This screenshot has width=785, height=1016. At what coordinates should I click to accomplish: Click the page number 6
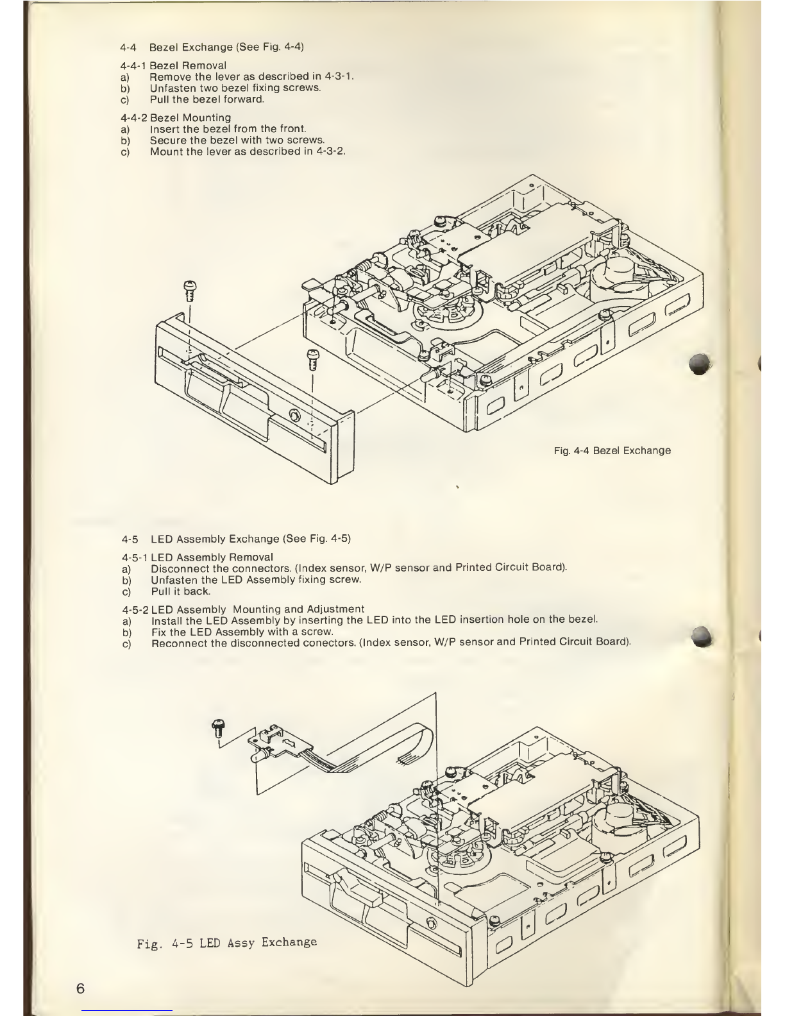80,987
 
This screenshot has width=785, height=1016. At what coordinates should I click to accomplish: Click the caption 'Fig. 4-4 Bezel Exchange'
612,450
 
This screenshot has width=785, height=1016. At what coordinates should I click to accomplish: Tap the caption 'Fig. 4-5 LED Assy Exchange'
227,942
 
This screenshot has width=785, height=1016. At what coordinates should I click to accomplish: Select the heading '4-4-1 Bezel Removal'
173,65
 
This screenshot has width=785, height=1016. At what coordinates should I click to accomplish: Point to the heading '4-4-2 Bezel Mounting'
175,118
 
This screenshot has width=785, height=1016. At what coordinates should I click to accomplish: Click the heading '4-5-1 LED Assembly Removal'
196,557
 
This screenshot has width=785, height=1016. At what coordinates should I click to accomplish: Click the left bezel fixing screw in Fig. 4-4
189,291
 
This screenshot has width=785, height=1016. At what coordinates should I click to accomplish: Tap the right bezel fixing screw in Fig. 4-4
313,359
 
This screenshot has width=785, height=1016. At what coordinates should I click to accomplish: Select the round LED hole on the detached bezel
294,414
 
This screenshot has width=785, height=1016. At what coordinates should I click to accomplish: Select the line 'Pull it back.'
180,591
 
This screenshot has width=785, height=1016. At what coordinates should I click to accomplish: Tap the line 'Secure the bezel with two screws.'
237,140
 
